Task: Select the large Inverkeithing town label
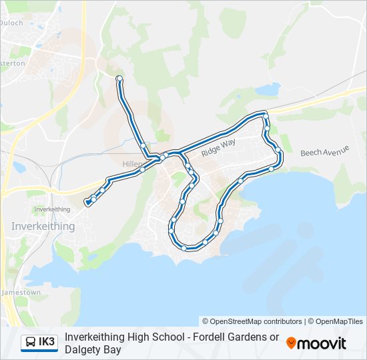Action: coord(43,226)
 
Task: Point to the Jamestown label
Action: coord(21,293)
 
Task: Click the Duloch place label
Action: coord(13,23)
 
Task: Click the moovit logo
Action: coord(316,343)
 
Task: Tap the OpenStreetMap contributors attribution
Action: coord(252,321)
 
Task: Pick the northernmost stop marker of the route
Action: coord(119,79)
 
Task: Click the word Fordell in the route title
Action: coord(209,337)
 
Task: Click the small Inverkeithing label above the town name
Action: coord(52,209)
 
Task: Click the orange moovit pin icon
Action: coord(292,343)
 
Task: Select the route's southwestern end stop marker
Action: coord(87,202)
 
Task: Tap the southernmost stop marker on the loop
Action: coord(183,248)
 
